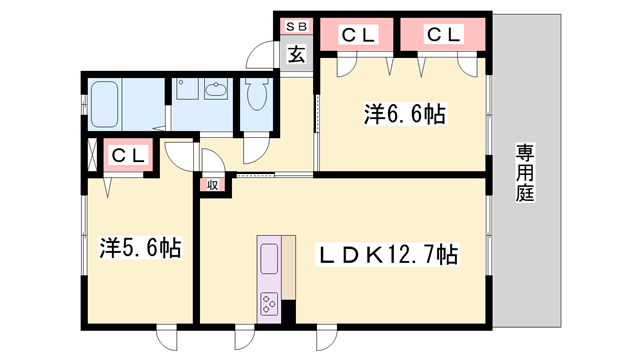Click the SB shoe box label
(297, 27)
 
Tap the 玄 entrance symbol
(297, 54)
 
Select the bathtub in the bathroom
(105, 100)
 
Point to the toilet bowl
(256, 95)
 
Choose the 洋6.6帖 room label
(403, 115)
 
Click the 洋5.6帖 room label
(140, 247)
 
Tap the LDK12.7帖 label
(387, 255)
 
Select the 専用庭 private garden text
(525, 172)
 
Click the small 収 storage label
(213, 184)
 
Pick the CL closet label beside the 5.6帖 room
(129, 156)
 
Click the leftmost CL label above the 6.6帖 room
(359, 35)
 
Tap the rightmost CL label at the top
(444, 35)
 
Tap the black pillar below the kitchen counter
(289, 311)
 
